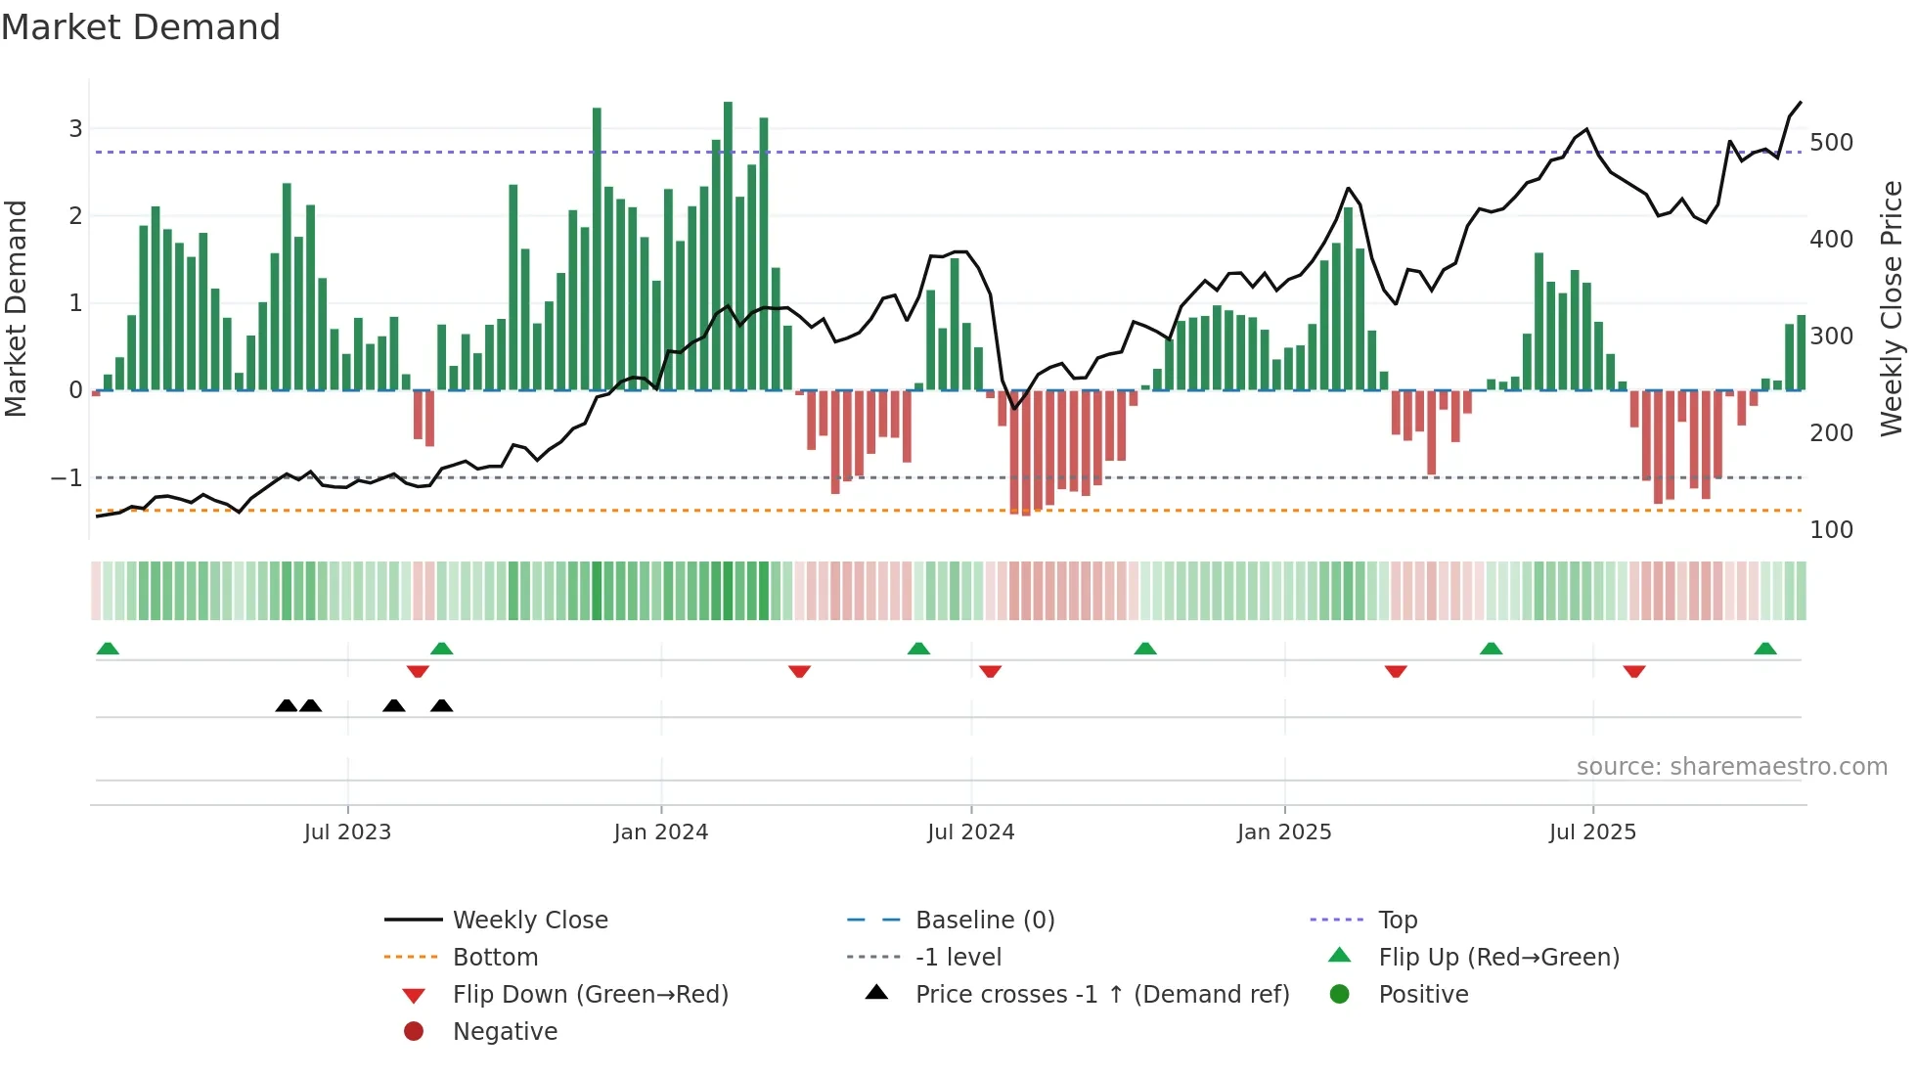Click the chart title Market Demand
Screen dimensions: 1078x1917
(141, 27)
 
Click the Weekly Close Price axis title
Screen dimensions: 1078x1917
(1892, 308)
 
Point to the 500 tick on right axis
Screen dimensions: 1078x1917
(1831, 143)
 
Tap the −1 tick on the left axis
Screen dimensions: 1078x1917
(67, 478)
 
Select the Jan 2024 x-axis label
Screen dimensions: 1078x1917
(660, 832)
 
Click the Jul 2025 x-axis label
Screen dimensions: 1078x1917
(1591, 832)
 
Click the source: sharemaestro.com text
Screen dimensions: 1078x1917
(1731, 767)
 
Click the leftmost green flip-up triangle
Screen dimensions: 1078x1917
(108, 649)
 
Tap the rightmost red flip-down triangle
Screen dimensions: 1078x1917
(1633, 671)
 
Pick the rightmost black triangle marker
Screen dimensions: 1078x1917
(441, 705)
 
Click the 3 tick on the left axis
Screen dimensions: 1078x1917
(75, 129)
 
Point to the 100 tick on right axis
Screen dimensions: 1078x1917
(1831, 530)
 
